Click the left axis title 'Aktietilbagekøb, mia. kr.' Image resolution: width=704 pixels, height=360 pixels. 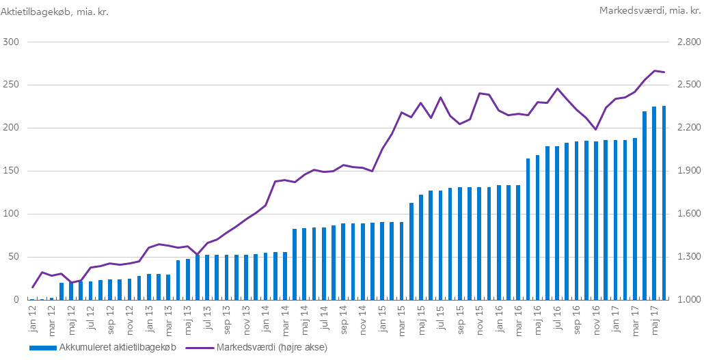click(55, 11)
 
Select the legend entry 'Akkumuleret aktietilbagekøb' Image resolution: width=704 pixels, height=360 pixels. click(103, 348)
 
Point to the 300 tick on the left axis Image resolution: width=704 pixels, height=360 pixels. click(11, 42)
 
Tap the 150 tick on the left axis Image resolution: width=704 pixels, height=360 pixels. click(11, 171)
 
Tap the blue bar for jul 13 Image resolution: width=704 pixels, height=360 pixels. click(207, 277)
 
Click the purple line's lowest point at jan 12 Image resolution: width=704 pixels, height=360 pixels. click(32, 288)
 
